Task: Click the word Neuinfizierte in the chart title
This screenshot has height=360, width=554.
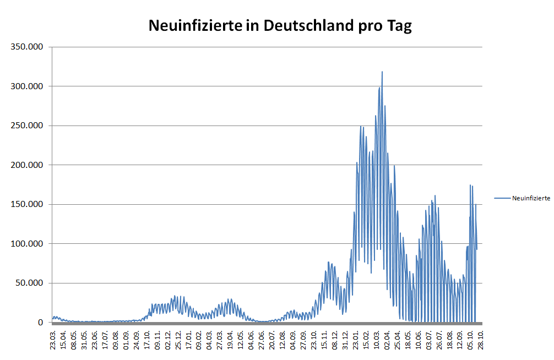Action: click(x=196, y=25)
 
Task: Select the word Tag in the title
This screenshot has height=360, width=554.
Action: click(x=400, y=26)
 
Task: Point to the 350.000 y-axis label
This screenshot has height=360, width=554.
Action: click(x=27, y=47)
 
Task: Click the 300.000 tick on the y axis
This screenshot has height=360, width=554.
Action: click(x=27, y=86)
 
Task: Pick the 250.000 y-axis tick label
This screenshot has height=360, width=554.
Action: click(x=27, y=126)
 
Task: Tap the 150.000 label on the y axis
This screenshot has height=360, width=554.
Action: click(x=27, y=204)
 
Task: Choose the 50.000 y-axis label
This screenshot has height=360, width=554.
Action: click(x=29, y=283)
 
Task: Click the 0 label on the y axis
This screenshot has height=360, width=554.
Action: click(x=40, y=323)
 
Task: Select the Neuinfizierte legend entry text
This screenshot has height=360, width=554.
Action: click(x=531, y=199)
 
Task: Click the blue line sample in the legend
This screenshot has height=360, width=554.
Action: click(x=502, y=198)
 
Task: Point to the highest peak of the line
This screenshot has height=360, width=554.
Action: click(x=382, y=72)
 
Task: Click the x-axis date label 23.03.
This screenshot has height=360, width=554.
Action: click(x=53, y=340)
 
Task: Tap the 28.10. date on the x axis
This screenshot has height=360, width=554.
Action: click(x=481, y=340)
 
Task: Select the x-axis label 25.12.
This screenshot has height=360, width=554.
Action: click(x=178, y=340)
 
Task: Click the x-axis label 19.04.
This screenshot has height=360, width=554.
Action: click(x=230, y=340)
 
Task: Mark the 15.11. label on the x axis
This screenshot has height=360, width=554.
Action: click(x=324, y=340)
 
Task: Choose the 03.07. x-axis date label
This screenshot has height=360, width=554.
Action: click(x=428, y=340)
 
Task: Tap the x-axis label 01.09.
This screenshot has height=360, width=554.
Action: click(x=126, y=340)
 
